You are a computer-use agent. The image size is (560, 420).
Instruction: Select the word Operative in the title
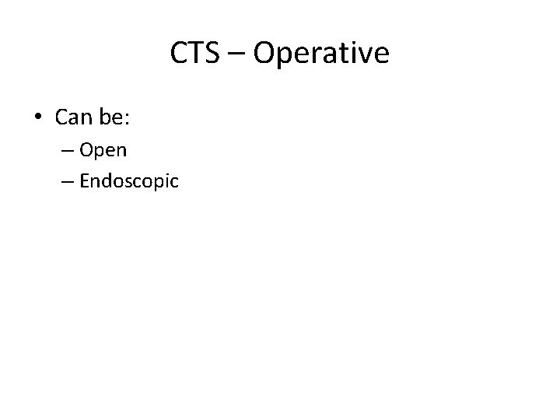pos(321,54)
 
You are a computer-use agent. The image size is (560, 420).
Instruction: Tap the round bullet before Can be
pos(38,118)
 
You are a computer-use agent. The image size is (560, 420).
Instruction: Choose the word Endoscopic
pos(129,182)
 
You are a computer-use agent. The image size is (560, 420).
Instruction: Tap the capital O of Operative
pos(264,54)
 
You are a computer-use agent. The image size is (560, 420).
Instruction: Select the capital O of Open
pos(86,149)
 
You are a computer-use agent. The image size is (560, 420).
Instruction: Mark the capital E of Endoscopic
pos(84,180)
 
